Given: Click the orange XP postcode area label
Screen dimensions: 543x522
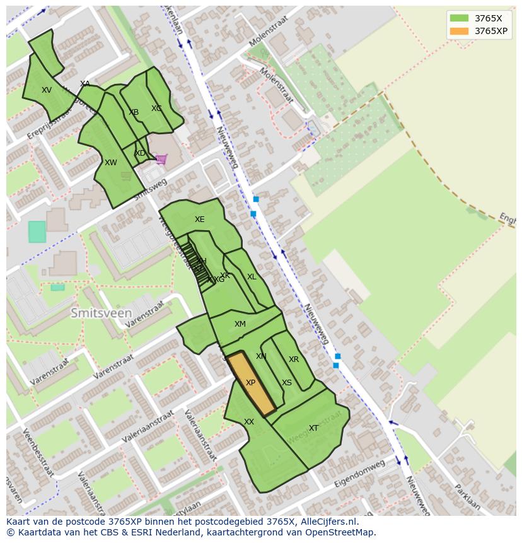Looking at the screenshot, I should click(x=250, y=383).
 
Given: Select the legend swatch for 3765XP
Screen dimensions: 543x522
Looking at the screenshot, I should click(x=460, y=31).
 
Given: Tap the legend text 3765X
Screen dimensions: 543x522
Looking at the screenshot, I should click(x=489, y=18).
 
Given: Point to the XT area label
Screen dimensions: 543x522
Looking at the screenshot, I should click(x=313, y=428).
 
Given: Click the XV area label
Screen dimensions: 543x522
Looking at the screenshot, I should click(x=47, y=90).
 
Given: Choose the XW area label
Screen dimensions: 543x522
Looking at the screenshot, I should click(x=111, y=163).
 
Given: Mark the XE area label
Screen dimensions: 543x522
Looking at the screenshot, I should click(x=200, y=219).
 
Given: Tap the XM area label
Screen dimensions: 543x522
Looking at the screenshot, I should click(x=240, y=324).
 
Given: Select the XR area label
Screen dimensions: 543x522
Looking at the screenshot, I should click(x=294, y=359).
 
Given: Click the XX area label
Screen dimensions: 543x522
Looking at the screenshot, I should click(x=249, y=422).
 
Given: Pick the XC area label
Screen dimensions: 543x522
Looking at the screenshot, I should click(x=156, y=108).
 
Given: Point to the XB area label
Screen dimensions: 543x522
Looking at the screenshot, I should click(x=134, y=112).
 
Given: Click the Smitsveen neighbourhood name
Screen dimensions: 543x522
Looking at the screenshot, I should click(x=101, y=313).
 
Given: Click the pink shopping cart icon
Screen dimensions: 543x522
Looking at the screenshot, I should click(x=161, y=159).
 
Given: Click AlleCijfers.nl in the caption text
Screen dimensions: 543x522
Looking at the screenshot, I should click(x=327, y=522).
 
